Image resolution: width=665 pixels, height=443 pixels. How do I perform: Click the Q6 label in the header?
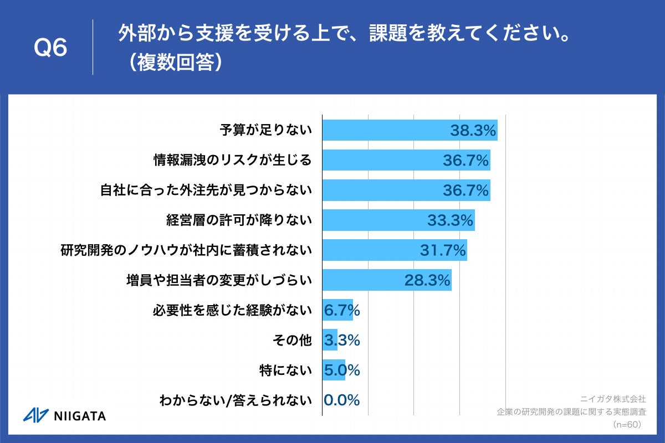50,48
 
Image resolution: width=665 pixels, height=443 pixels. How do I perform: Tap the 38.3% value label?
472,131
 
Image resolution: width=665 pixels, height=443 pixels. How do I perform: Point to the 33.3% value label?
449,220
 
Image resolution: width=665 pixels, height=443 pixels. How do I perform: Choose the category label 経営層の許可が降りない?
239,220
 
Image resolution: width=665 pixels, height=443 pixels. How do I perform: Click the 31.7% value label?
442,250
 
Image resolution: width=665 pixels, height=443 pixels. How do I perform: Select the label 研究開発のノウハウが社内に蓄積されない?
186,250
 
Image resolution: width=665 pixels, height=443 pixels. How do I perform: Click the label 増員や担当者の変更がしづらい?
219,280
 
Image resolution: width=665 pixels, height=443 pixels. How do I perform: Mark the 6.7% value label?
341,311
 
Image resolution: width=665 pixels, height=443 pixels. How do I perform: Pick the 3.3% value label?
341,341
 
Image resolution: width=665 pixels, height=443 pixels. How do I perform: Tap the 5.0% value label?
341,370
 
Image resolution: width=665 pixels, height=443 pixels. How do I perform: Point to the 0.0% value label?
341,400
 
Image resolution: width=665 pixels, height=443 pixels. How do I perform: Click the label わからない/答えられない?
235,400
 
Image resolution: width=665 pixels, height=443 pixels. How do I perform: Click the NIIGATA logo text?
81,416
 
